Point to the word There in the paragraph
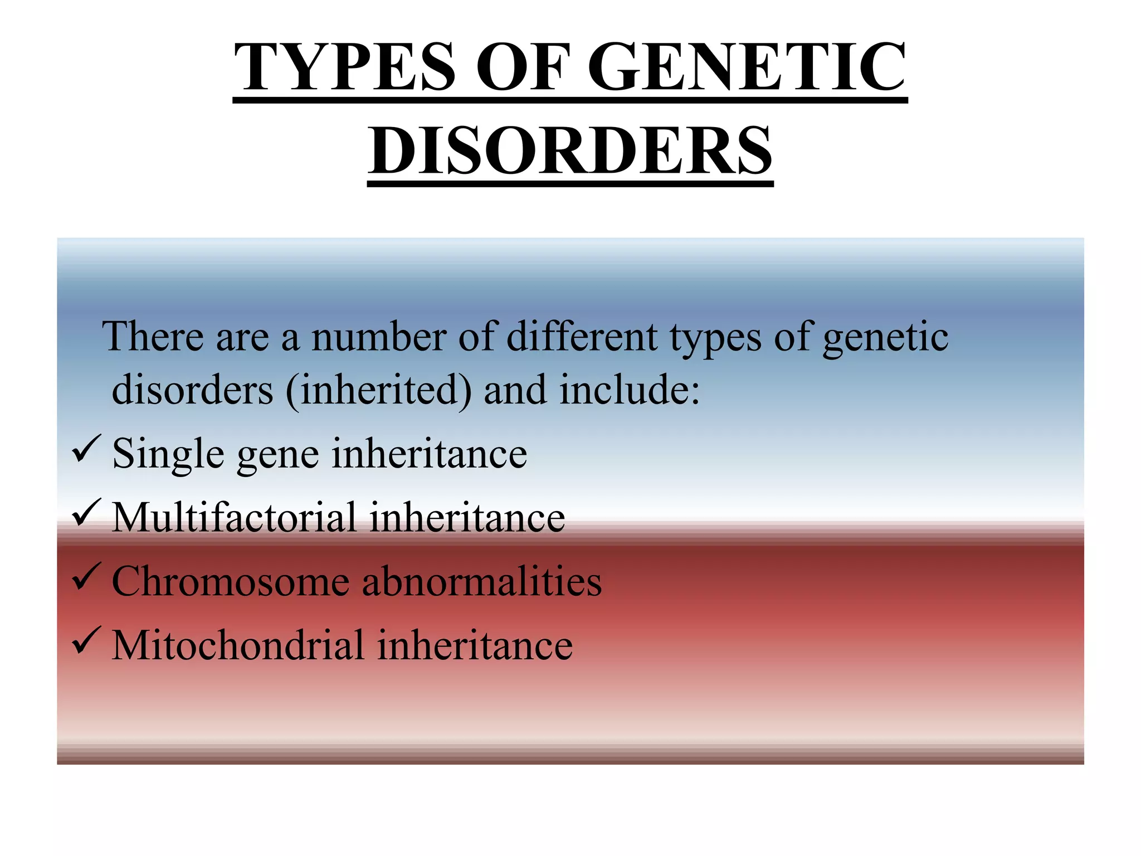click(x=153, y=337)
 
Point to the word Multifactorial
click(x=234, y=518)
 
